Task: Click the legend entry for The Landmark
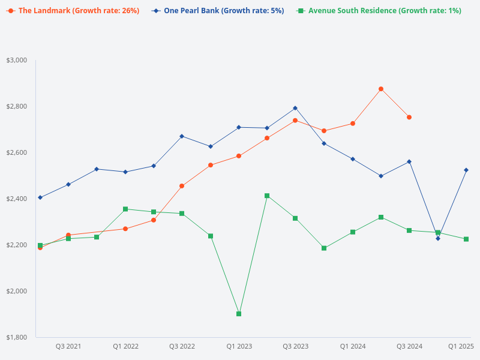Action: point(74,11)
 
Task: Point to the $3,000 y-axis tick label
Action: point(17,60)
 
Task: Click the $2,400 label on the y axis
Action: point(17,199)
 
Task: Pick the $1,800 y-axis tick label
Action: point(17,337)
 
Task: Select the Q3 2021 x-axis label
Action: point(68,346)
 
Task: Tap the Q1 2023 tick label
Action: point(239,346)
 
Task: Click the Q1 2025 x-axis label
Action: point(461,346)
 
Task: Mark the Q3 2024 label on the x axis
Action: point(409,346)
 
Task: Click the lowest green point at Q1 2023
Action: point(239,314)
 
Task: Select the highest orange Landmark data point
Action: point(381,89)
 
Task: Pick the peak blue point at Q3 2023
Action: point(295,108)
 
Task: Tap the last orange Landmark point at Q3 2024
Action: point(409,117)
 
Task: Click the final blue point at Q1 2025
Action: point(466,170)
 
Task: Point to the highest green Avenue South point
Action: point(267,196)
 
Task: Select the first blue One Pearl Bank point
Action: point(40,197)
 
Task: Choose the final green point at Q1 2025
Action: point(466,239)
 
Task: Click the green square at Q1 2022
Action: point(125,209)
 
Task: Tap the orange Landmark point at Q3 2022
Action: point(182,186)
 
